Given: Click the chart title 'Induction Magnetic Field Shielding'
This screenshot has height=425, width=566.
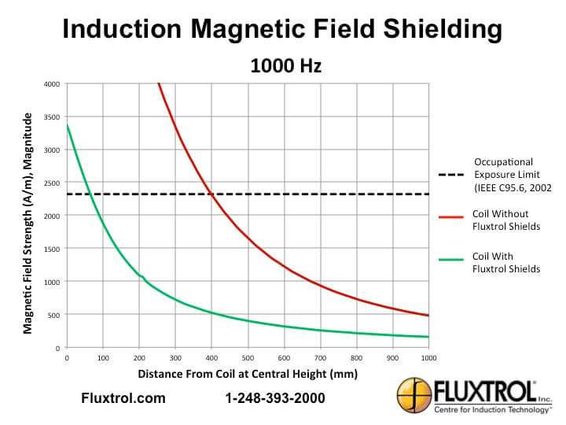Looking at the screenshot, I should coord(282,30).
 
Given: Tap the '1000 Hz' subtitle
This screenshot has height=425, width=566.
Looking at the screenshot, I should coord(285,66).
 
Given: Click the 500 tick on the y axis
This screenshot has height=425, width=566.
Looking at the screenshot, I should coord(53,315).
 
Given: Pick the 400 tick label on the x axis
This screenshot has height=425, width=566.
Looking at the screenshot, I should coord(211,358).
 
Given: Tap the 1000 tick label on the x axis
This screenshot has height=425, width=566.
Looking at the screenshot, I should coord(428,358).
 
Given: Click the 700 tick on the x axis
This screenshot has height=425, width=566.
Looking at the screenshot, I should coord(320,358).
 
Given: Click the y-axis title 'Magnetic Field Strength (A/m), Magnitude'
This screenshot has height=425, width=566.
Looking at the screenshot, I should coord(28,223).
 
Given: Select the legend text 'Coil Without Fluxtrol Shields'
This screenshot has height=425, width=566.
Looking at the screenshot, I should coord(505,220).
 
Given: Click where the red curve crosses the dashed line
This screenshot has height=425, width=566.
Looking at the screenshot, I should coord(211,194).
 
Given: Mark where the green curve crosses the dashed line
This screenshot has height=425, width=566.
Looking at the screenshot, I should coord(90,194).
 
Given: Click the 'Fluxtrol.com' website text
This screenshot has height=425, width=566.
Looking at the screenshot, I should coord(123,398).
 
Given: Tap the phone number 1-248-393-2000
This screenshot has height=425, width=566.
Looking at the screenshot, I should coord(274,398).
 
